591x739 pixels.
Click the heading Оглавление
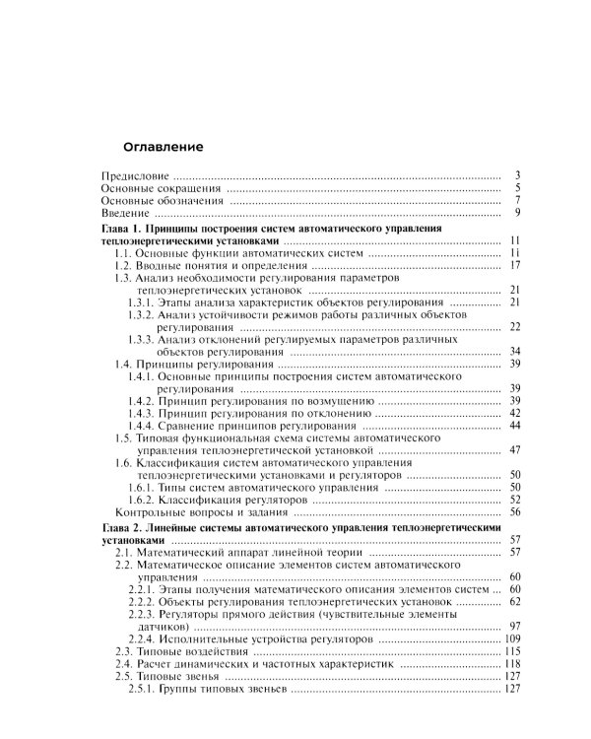163,147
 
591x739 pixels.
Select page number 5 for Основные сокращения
516,188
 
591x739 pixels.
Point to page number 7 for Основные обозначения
516,201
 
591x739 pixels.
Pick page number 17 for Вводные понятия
514,266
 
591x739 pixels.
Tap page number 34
514,352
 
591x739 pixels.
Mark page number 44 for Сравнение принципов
514,426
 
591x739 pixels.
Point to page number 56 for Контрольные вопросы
514,512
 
